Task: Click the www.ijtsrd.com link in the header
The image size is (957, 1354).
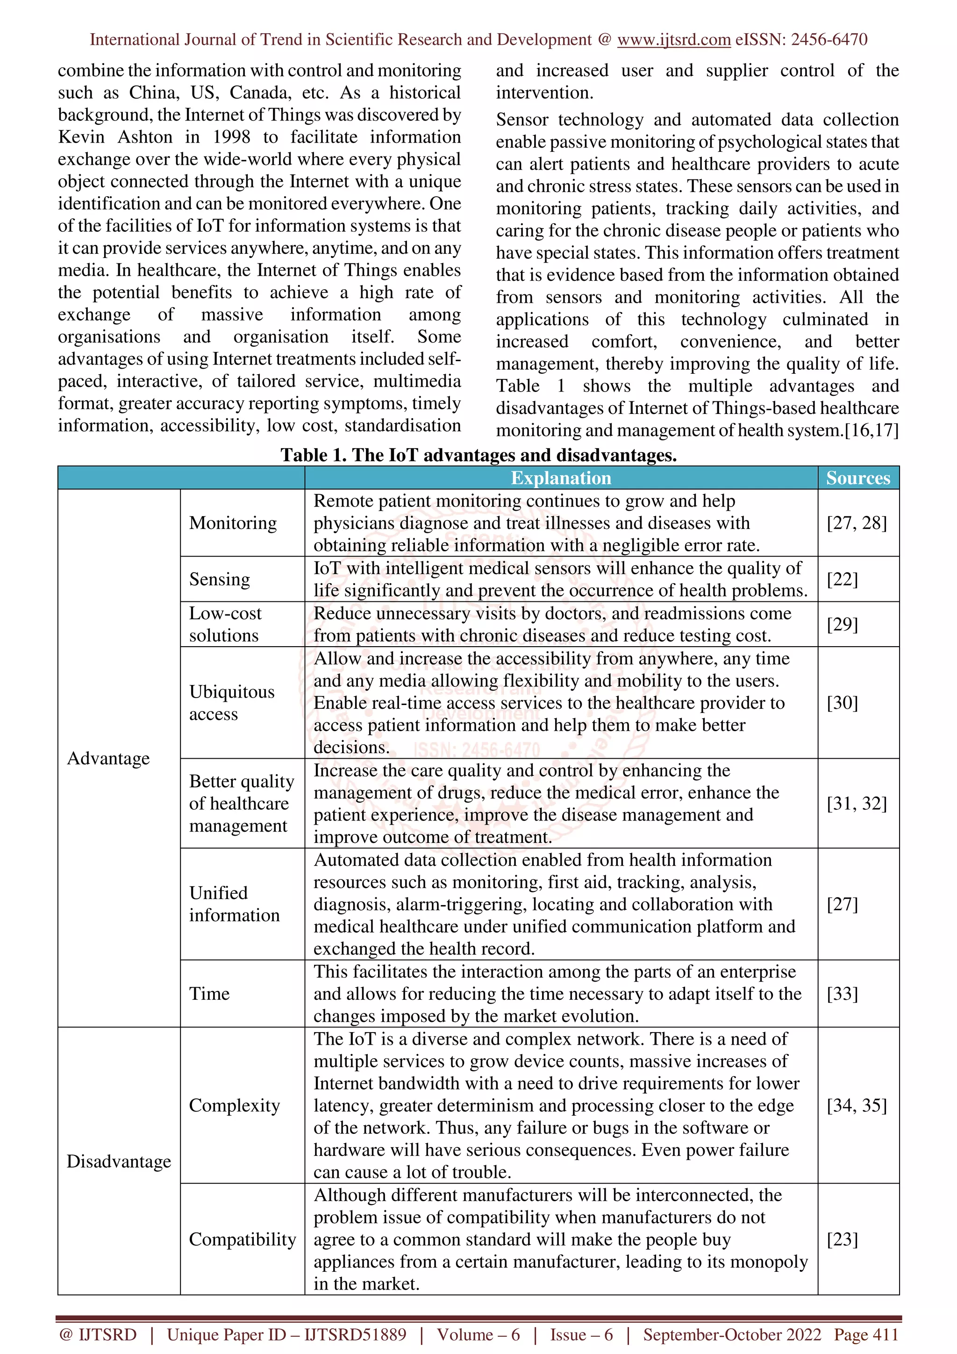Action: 673,40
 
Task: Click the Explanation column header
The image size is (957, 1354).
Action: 561,477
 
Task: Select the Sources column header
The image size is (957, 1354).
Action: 858,477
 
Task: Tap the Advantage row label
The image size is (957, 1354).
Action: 108,758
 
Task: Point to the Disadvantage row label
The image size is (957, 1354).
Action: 119,1161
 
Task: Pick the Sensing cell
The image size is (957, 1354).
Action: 219,579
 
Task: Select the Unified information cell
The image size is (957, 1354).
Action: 234,904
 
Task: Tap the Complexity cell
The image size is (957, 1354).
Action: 234,1105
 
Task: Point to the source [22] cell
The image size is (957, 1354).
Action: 842,579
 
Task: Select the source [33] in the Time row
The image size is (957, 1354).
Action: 842,994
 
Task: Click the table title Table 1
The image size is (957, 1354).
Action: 478,455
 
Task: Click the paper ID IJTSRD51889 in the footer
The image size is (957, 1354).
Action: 355,1334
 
